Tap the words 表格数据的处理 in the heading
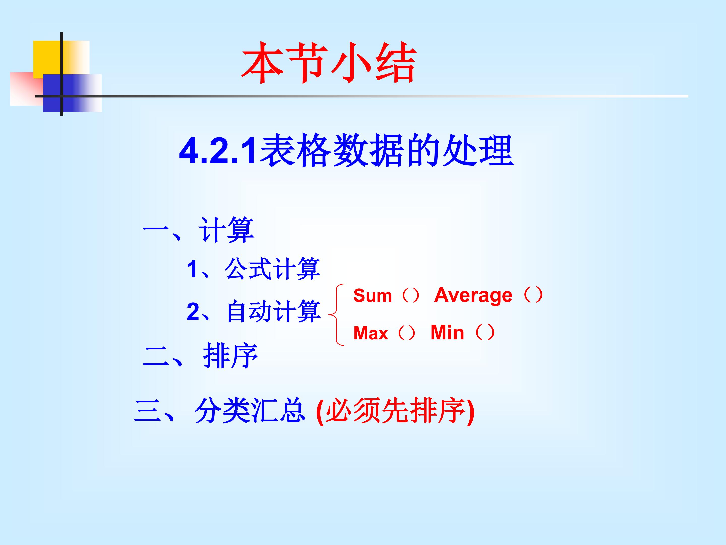(x=387, y=150)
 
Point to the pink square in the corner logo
(x=25, y=90)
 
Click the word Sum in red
(x=373, y=296)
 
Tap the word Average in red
(x=473, y=295)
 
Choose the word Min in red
(x=447, y=333)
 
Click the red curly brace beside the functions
(x=337, y=315)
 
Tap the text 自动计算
(x=274, y=311)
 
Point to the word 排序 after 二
(x=230, y=356)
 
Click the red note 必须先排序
(x=396, y=411)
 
